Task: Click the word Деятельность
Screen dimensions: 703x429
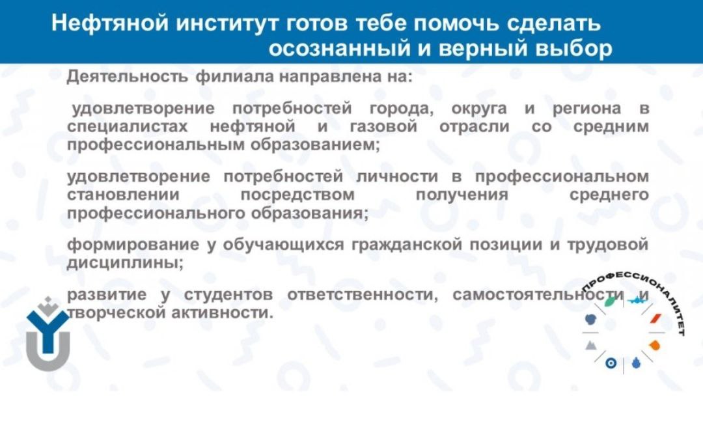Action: pyautogui.click(x=128, y=77)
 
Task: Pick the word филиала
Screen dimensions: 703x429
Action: pyautogui.click(x=235, y=77)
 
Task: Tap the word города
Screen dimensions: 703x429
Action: pyautogui.click(x=402, y=109)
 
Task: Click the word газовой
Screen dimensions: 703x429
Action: pyautogui.click(x=383, y=127)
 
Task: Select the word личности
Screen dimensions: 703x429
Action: pyautogui.click(x=397, y=176)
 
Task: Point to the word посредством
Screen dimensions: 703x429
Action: pyautogui.click(x=297, y=195)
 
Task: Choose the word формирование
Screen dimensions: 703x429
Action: pyautogui.click(x=133, y=245)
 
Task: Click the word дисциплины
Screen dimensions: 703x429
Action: pyautogui.click(x=125, y=263)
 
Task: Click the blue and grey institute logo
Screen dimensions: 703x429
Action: pyautogui.click(x=48, y=333)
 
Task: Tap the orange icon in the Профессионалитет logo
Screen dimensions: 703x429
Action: pyautogui.click(x=655, y=345)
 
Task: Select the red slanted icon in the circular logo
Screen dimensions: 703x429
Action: pyautogui.click(x=656, y=319)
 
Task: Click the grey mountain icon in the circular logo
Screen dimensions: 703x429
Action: pyautogui.click(x=591, y=345)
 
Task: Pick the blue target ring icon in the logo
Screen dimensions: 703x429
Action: pyautogui.click(x=611, y=363)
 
